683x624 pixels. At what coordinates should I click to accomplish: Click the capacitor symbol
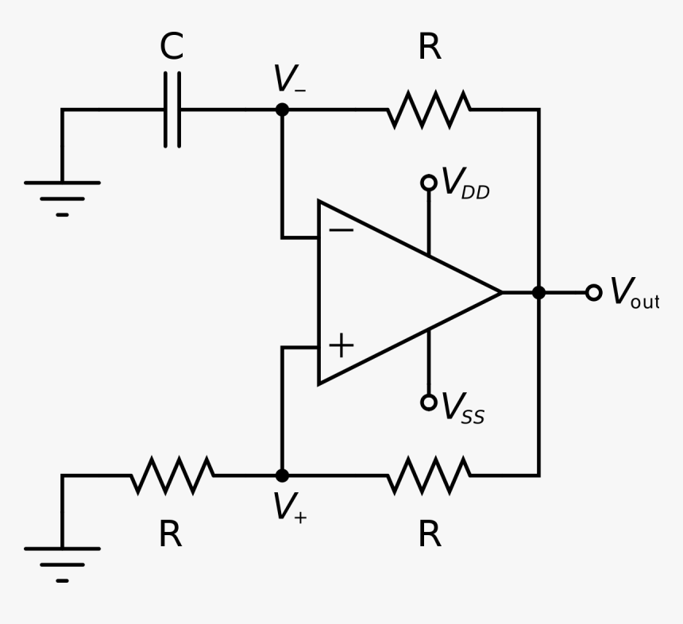172,110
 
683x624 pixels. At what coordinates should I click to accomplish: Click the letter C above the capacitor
172,48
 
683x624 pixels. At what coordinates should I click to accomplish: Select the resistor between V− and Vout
429,110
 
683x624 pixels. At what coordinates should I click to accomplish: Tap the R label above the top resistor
429,48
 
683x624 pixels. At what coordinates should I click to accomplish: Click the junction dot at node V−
282,110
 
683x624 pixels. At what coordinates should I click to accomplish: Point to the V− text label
288,80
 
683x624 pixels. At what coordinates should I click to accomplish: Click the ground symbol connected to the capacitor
62,195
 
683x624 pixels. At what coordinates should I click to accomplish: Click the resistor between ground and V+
172,476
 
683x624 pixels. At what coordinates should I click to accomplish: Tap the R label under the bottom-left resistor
170,535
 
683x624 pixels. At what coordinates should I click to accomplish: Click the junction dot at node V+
282,476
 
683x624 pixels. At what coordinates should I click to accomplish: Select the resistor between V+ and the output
429,476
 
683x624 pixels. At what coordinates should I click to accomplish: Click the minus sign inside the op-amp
341,230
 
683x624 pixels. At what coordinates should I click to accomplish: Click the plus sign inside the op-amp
341,346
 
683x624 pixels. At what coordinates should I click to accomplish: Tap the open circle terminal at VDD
429,183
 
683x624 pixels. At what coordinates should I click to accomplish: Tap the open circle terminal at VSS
429,403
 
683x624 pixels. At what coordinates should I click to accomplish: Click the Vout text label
634,293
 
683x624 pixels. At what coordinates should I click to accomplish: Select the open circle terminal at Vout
593,293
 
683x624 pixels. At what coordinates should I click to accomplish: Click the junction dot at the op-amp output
539,293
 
